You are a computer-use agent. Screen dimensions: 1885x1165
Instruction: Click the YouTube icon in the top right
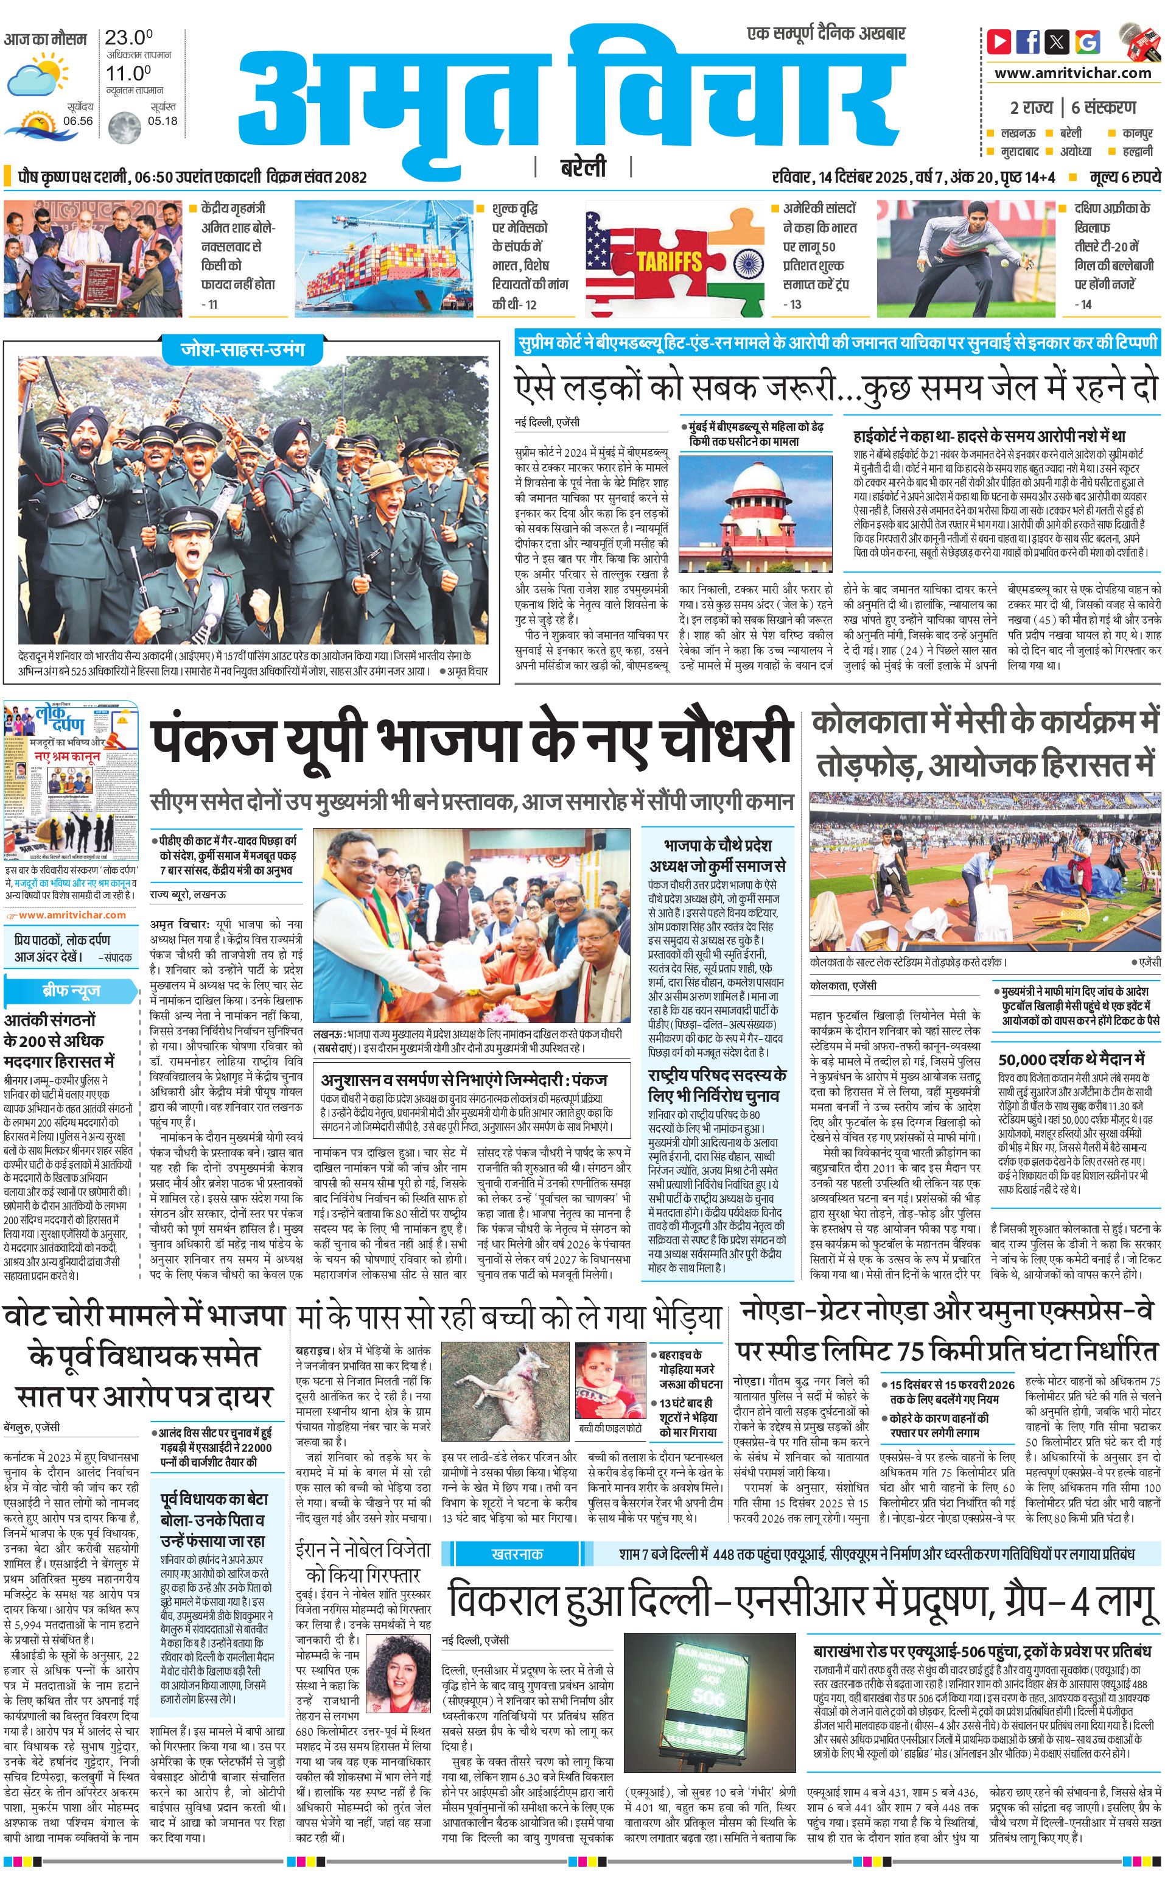999,41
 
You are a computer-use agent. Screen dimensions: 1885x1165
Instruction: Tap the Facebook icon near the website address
1028,41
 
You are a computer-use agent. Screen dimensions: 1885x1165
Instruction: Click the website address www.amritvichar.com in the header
1072,73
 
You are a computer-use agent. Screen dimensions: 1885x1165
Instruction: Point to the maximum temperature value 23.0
128,37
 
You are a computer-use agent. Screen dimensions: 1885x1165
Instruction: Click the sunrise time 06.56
78,121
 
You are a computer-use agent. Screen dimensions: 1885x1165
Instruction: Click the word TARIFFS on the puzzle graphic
669,261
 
